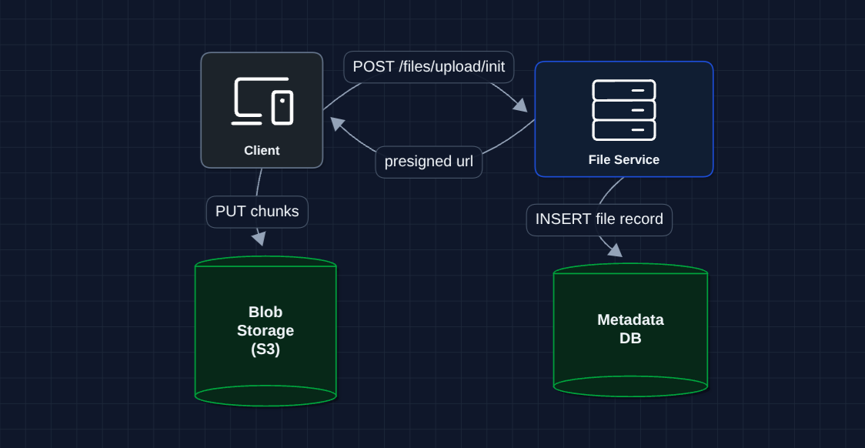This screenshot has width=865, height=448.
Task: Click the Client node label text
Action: coord(262,151)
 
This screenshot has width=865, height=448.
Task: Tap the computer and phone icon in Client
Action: coord(262,101)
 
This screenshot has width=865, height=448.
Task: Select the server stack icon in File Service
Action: coord(623,110)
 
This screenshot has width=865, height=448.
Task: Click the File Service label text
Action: coord(623,160)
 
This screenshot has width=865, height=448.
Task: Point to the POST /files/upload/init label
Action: coord(429,67)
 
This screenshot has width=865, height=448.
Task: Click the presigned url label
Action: coord(429,162)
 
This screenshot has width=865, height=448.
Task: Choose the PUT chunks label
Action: coord(257,212)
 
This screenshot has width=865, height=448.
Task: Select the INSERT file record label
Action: coord(599,219)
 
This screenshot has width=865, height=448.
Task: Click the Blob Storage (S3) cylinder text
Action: coord(266,331)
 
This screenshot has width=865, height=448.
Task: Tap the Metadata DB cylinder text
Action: coord(630,329)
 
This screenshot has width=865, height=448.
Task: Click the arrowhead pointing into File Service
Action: coord(521,105)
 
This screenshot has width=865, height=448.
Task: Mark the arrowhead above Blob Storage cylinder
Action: coord(259,239)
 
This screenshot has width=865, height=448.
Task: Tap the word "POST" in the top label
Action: coord(373,67)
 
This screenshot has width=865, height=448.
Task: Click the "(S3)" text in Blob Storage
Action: coord(266,349)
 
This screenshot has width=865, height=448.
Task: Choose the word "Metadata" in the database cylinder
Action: coord(630,319)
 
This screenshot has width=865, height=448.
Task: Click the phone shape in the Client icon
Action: coord(282,108)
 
